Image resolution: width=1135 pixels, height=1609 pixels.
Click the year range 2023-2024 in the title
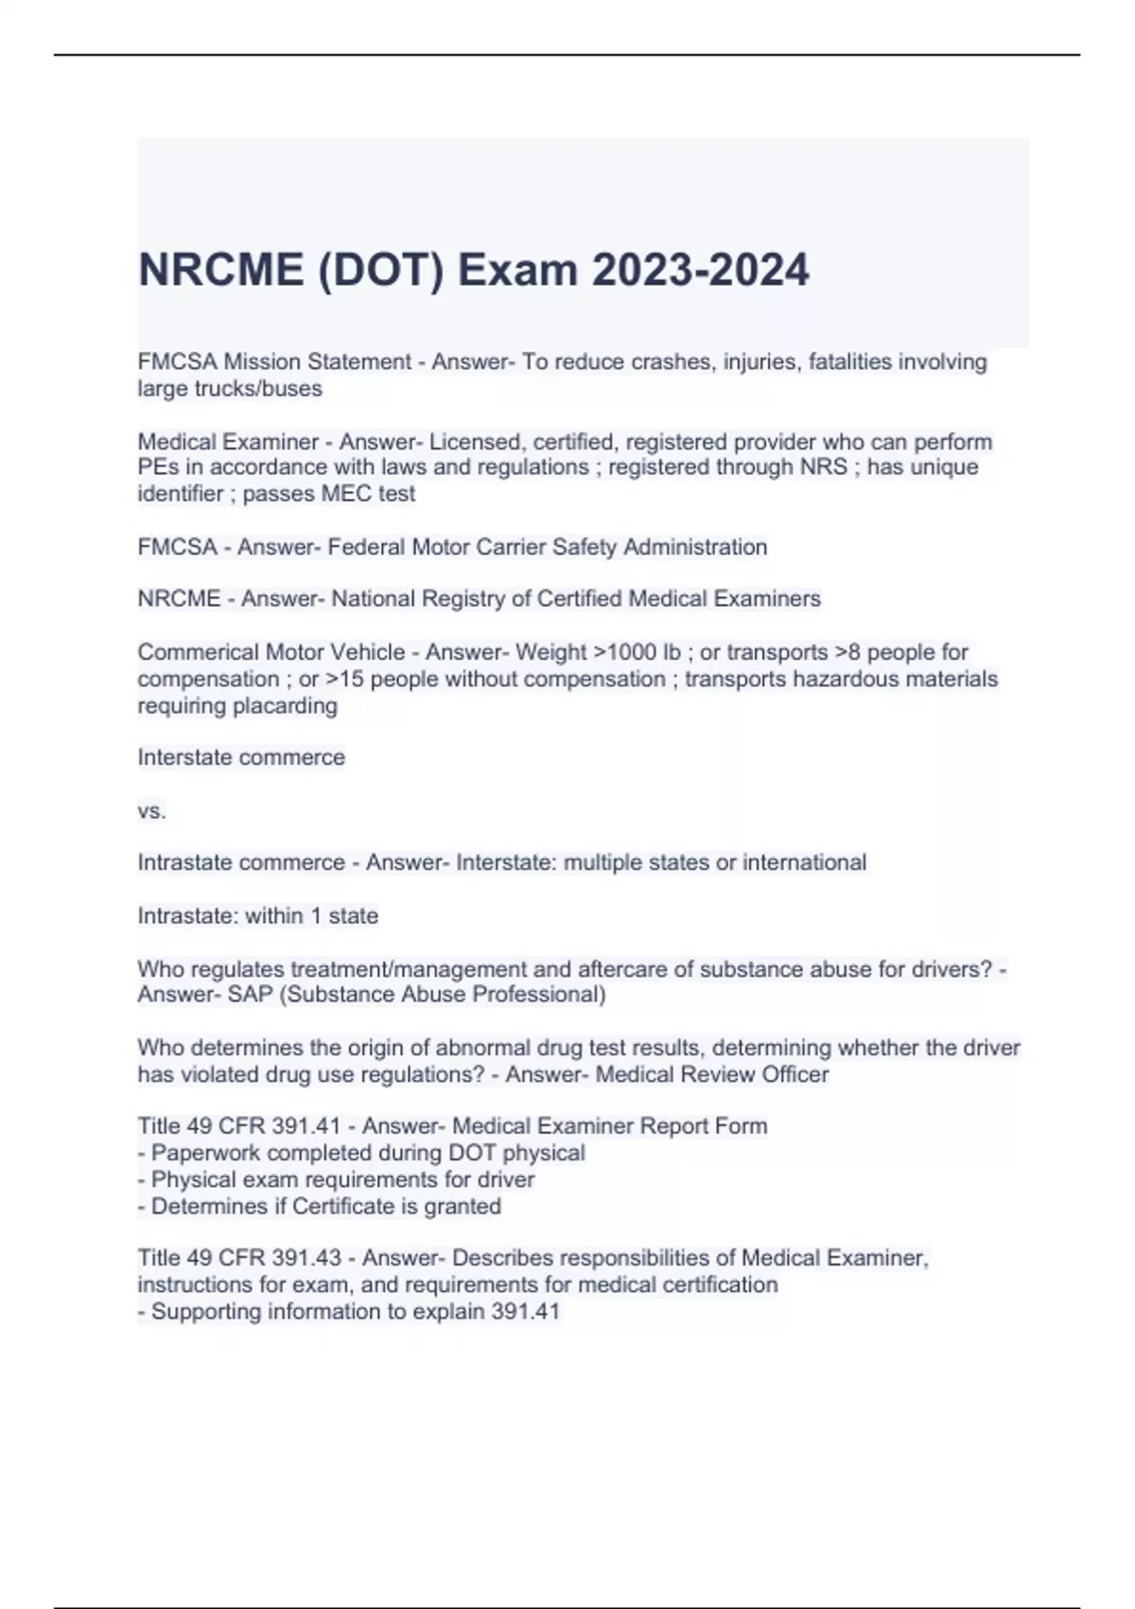pyautogui.click(x=701, y=271)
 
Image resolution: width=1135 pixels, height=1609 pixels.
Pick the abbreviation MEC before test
pyautogui.click(x=350, y=494)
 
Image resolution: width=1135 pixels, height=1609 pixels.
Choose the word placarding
pyautogui.click(x=284, y=706)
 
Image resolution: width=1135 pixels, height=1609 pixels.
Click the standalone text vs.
pyautogui.click(x=151, y=811)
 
